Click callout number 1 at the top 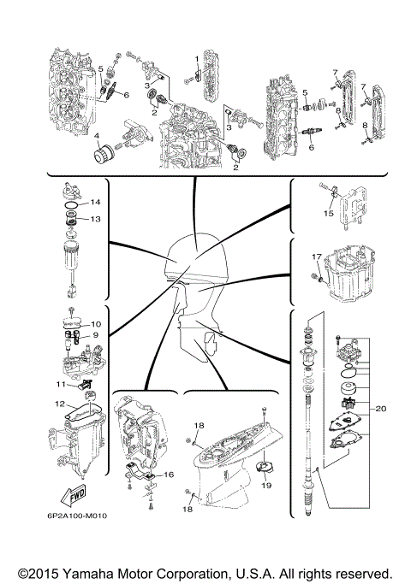pyautogui.click(x=196, y=57)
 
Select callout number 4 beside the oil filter pyautogui.click(x=98, y=136)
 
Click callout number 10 pyautogui.click(x=96, y=324)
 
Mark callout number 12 pyautogui.click(x=61, y=404)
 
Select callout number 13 pyautogui.click(x=96, y=219)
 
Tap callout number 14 pyautogui.click(x=96, y=202)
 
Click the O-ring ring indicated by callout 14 pyautogui.click(x=73, y=205)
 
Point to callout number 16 pyautogui.click(x=170, y=473)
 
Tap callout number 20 pyautogui.click(x=381, y=409)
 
